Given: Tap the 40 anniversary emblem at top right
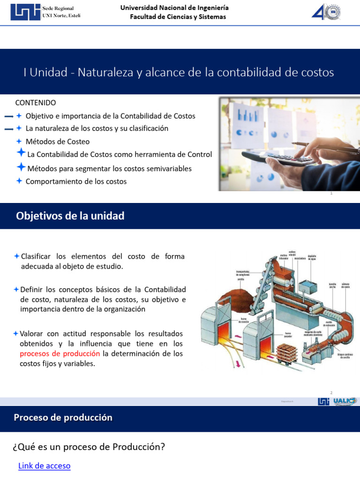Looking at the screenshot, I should click(326, 12).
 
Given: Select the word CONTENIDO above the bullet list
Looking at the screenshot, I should click(36, 103).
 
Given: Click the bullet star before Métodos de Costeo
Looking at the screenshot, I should click(19, 141).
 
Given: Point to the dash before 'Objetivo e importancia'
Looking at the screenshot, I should click(8, 116).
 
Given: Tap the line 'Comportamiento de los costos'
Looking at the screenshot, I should click(76, 181).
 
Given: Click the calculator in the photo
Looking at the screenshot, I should click(281, 159).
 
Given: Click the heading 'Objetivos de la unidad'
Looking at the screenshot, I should click(70, 216).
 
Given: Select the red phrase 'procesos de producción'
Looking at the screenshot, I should click(60, 353).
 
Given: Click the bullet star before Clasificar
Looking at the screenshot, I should click(17, 256).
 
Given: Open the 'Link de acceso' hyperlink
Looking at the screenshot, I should click(44, 466).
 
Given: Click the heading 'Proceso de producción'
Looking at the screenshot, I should click(63, 418).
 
